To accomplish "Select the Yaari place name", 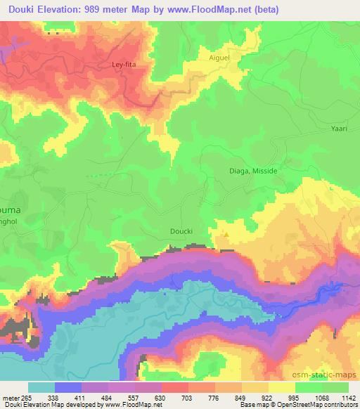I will coord(341,128).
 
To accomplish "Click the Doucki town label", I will coord(180,230).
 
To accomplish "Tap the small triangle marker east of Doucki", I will coord(226,235).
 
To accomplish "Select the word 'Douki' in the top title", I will coord(20,9).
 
